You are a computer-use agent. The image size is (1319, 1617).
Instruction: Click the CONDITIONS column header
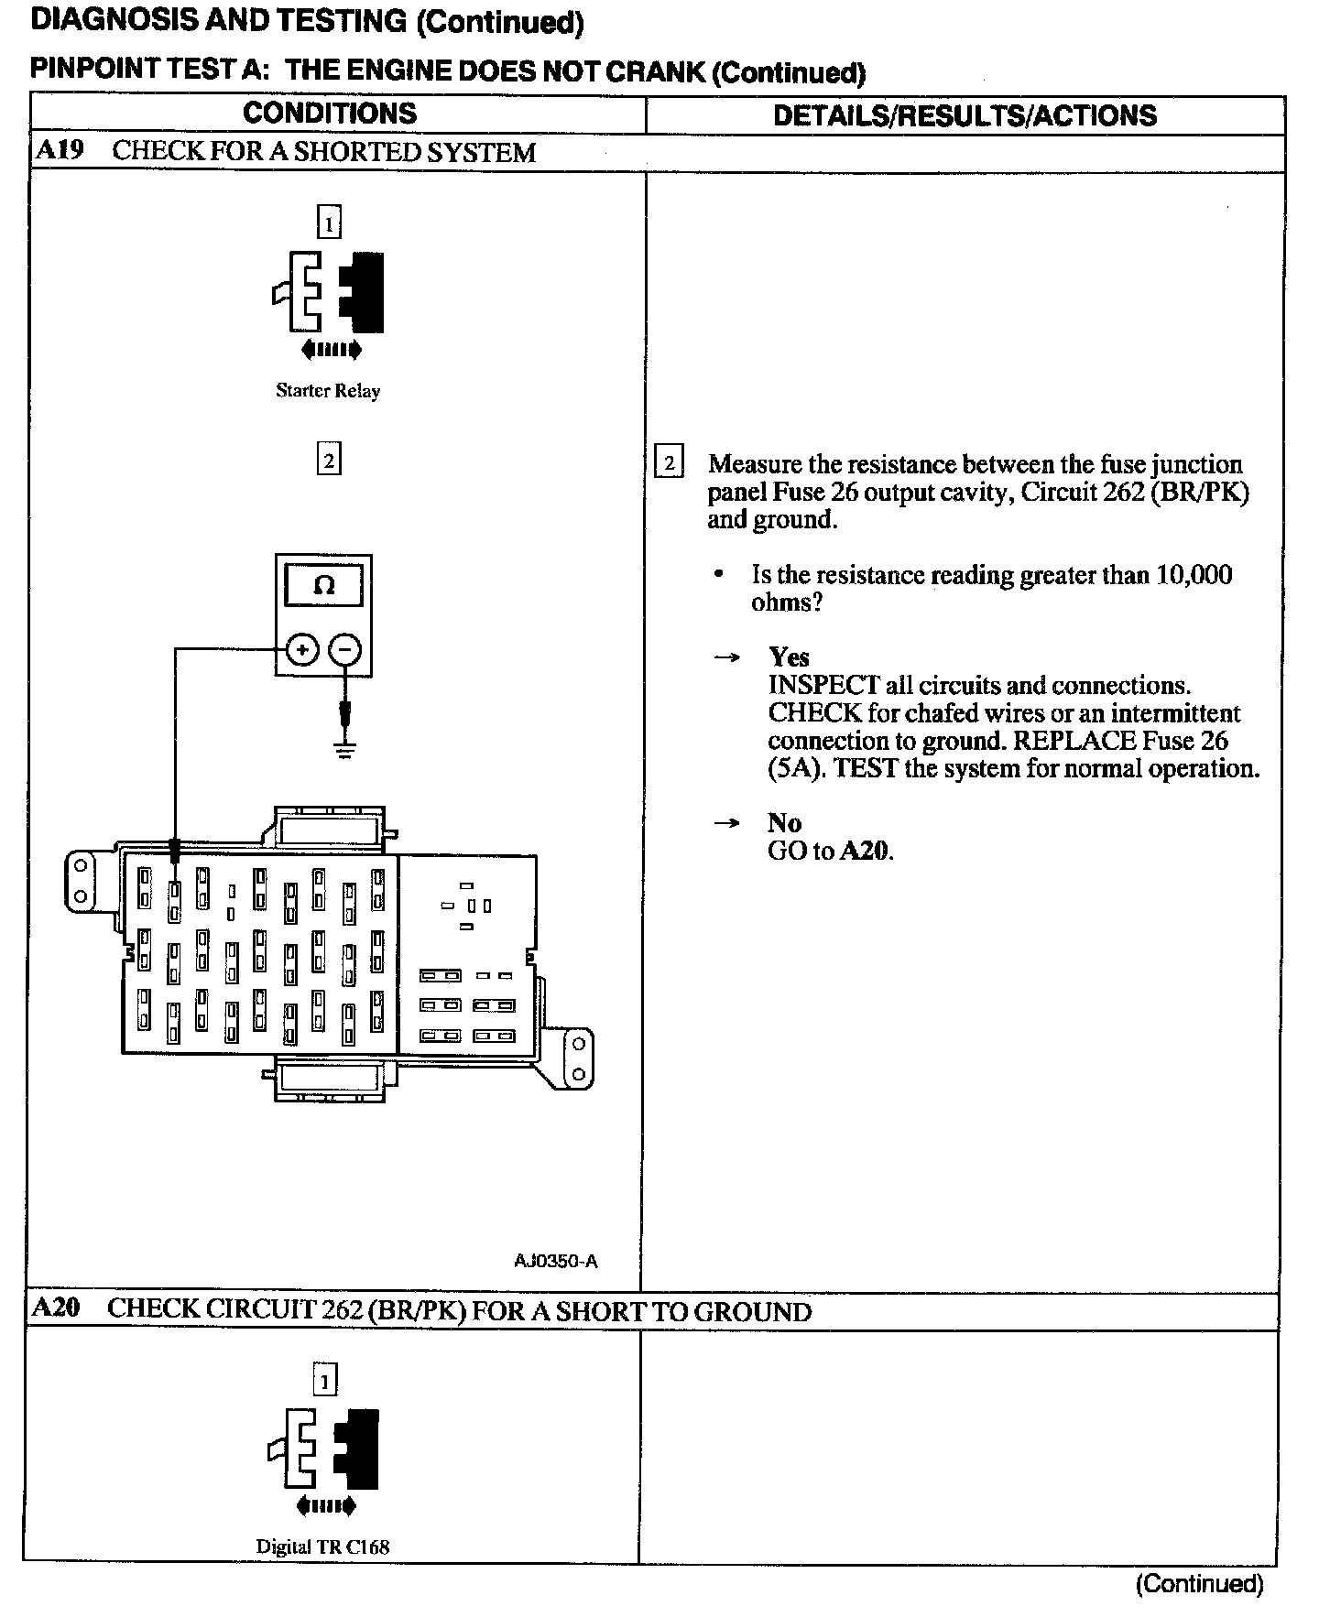point(330,114)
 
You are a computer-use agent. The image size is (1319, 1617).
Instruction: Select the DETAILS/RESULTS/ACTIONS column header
point(965,115)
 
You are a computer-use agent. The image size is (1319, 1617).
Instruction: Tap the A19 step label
point(60,150)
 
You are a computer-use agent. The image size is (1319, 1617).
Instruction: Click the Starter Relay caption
point(328,391)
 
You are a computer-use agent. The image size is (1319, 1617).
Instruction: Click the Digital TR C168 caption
point(322,1546)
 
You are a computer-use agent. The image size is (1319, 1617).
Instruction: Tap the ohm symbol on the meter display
point(324,586)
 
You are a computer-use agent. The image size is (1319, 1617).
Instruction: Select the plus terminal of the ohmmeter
point(301,650)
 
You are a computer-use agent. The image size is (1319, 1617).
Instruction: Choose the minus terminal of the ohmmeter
point(344,650)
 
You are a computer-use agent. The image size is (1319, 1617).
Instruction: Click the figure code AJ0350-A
point(556,1261)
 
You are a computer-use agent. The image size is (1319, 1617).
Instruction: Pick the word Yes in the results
point(789,657)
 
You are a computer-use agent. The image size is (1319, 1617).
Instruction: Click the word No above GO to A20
point(784,822)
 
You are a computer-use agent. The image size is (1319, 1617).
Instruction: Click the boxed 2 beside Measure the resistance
point(670,463)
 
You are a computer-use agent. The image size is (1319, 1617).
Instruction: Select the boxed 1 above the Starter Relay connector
point(328,222)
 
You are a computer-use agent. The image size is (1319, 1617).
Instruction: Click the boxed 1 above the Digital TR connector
point(325,1379)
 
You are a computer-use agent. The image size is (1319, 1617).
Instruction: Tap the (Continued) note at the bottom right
point(1199,1583)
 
